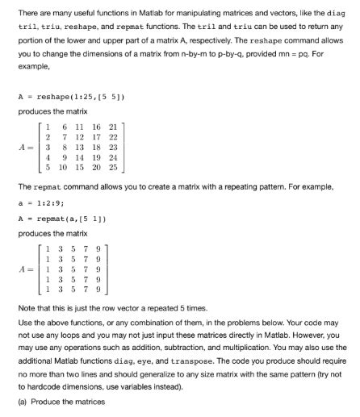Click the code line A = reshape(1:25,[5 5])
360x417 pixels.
70,95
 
